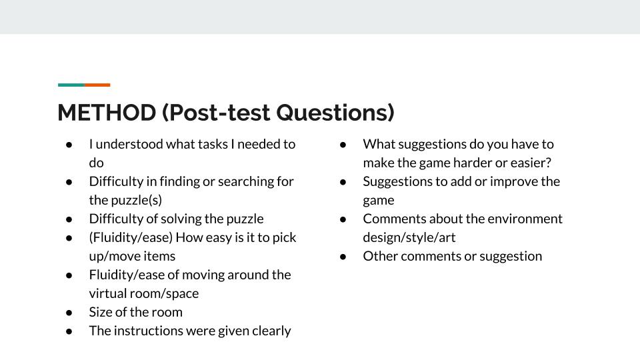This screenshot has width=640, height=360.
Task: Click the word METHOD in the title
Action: [107, 113]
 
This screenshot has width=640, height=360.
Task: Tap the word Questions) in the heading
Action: [335, 113]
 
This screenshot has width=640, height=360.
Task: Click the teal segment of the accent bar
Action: [71, 85]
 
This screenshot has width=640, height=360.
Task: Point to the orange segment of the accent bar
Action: [97, 85]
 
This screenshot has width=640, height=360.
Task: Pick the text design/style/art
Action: [409, 238]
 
